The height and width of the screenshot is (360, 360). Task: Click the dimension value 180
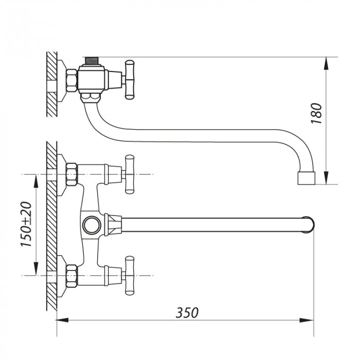click(x=317, y=114)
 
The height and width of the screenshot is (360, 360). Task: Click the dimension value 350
click(x=187, y=312)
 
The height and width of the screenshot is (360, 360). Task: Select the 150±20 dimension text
click(x=27, y=225)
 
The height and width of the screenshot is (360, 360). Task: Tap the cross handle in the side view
click(x=129, y=79)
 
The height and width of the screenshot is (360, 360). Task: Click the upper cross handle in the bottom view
click(x=129, y=175)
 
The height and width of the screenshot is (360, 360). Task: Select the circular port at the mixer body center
click(x=92, y=225)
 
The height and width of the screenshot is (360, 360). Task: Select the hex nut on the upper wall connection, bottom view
click(x=71, y=175)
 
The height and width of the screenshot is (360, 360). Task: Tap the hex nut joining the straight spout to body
click(x=112, y=225)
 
